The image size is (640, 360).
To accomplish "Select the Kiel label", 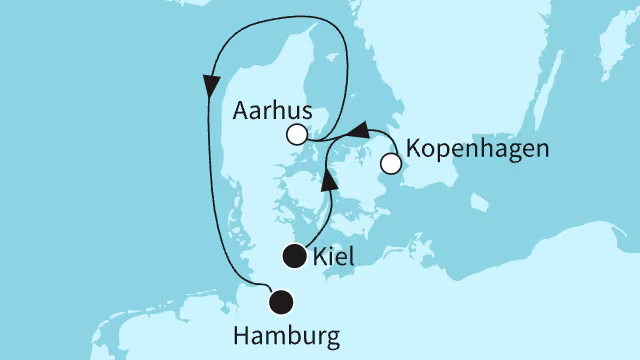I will (335, 258).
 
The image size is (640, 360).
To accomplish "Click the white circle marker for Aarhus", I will (296, 134).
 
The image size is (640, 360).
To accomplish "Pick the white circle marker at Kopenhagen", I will (391, 161).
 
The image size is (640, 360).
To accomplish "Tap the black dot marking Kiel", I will (293, 256).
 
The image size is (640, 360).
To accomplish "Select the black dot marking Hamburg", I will (282, 299).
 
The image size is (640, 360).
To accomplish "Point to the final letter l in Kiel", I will (353, 258).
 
